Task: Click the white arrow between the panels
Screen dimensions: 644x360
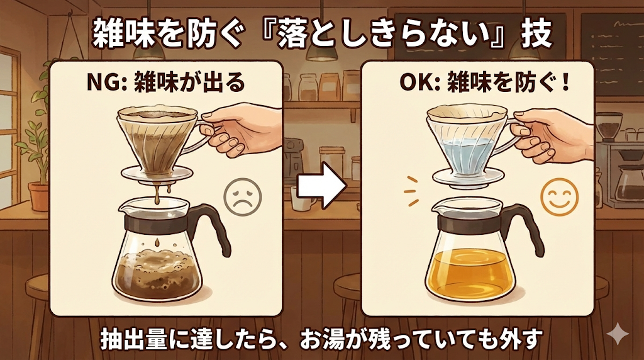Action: [321, 185]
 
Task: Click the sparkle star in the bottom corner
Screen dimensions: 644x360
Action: [618, 335]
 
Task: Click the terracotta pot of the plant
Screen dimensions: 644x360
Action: [39, 197]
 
